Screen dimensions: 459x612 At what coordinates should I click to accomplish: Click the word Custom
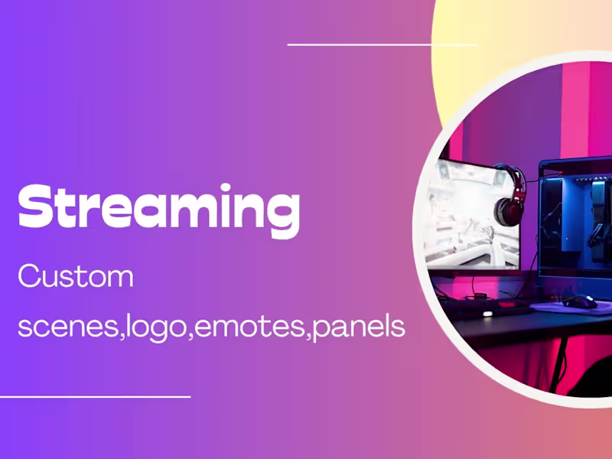tap(76, 276)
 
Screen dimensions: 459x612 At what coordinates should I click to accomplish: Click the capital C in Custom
tap(29, 276)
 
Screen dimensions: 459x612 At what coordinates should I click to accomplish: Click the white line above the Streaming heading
tap(382, 44)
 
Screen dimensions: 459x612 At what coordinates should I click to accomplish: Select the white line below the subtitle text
tap(95, 396)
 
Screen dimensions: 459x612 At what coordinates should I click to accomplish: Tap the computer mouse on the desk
tap(581, 301)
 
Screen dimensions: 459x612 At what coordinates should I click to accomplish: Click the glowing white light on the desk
tap(487, 313)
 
